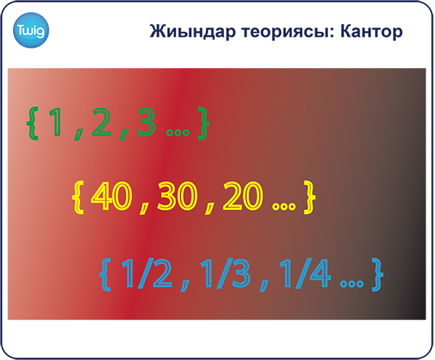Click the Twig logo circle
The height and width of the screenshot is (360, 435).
[30, 30]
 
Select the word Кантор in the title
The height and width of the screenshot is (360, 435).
[371, 32]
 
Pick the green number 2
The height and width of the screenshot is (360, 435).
[101, 122]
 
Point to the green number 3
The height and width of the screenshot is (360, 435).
[146, 122]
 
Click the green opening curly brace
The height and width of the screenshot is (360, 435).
[32, 124]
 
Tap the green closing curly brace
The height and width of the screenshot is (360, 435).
[203, 124]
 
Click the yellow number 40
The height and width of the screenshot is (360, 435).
[111, 196]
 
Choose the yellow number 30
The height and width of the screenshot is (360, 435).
[177, 196]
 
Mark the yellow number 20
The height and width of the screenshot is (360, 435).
[242, 196]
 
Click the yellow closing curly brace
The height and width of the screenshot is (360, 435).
[310, 197]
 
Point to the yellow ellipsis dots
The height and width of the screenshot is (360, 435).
[283, 206]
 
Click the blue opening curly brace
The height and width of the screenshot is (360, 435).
[105, 275]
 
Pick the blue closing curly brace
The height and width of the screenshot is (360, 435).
[377, 275]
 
